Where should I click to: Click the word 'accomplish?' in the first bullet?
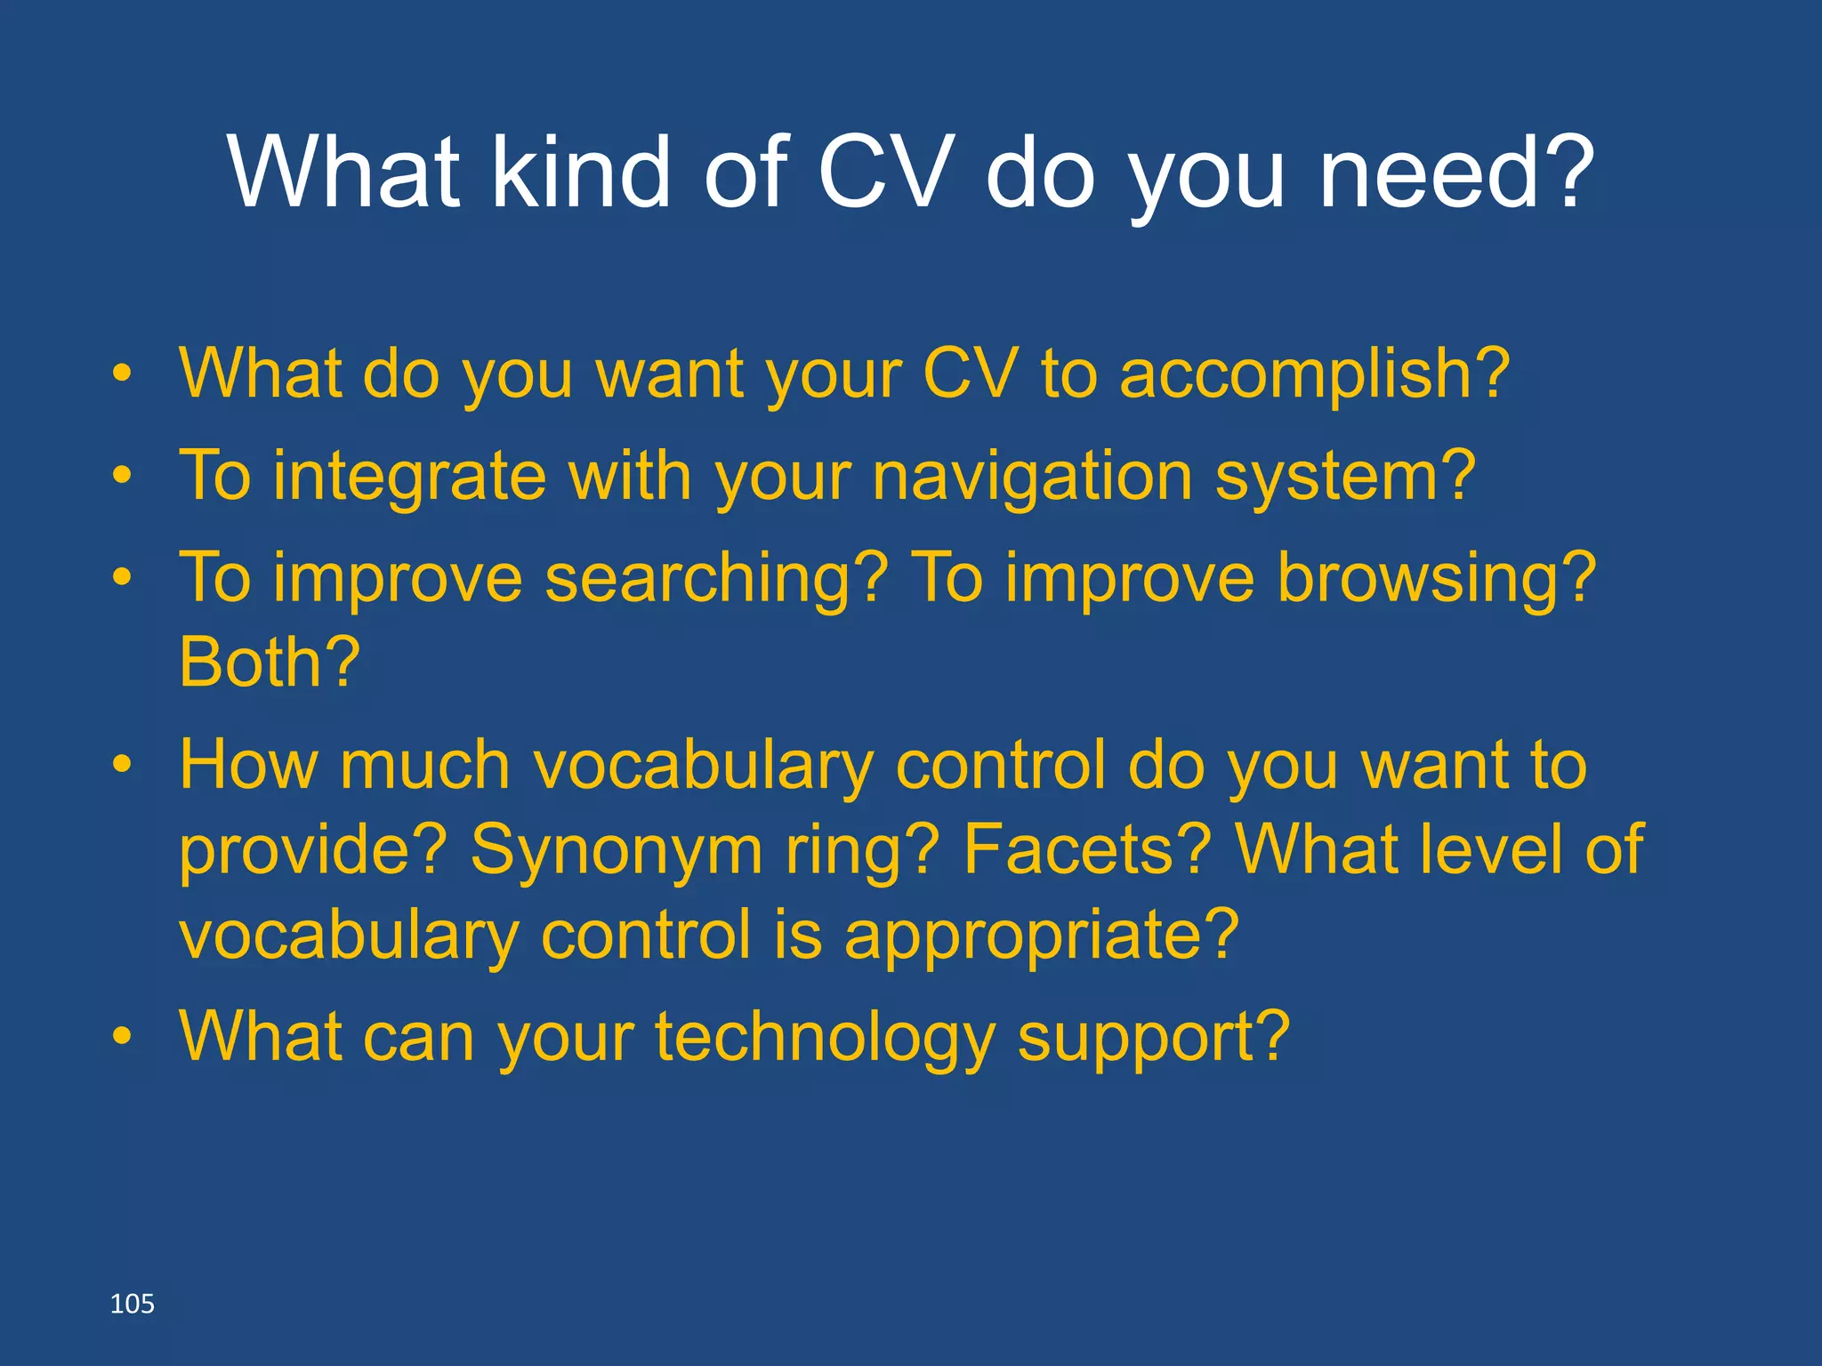pyautogui.click(x=1314, y=374)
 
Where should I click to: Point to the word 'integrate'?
pyautogui.click(x=409, y=478)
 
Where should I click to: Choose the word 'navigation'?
pyautogui.click(x=1032, y=478)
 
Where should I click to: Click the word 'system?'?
pyautogui.click(x=1345, y=478)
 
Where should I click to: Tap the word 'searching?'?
pyautogui.click(x=716, y=579)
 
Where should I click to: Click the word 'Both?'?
pyautogui.click(x=270, y=663)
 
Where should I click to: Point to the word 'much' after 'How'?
pyautogui.click(x=424, y=766)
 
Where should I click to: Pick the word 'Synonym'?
pyautogui.click(x=616, y=850)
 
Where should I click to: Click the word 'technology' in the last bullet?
pyautogui.click(x=824, y=1038)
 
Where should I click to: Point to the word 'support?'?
pyautogui.click(x=1153, y=1038)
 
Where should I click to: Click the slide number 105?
pyautogui.click(x=132, y=1304)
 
